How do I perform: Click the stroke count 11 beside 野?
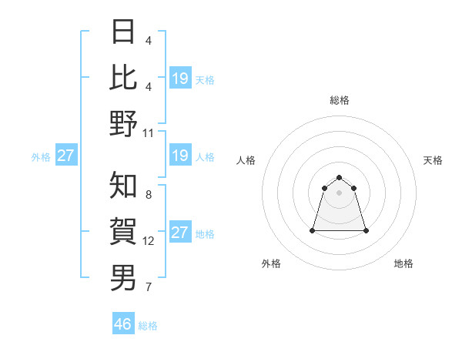149,132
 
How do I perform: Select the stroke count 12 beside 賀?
149,241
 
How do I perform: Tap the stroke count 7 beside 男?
149,287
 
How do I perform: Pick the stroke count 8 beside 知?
149,196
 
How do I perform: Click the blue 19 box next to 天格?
180,78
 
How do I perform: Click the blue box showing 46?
123,323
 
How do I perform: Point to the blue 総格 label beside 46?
148,326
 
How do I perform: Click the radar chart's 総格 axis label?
339,100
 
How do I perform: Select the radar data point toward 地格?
365,230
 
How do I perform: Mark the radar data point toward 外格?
313,230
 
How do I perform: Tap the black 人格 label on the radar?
246,160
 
